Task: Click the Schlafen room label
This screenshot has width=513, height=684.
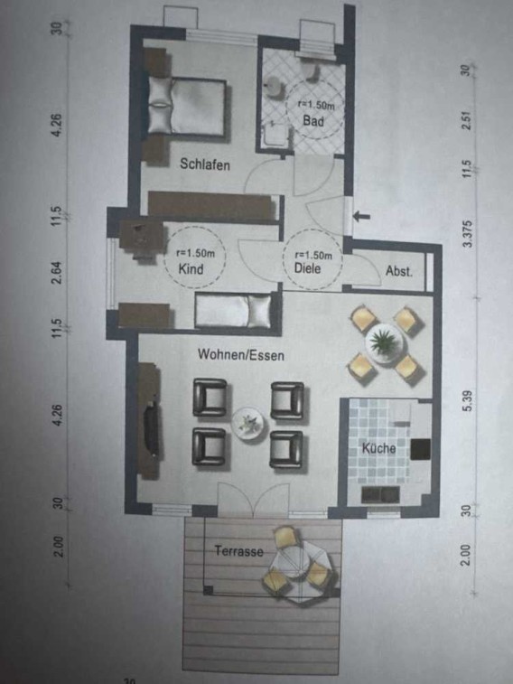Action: point(205,164)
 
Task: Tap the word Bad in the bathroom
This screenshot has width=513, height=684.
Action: point(313,120)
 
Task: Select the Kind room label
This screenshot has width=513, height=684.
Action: point(191,268)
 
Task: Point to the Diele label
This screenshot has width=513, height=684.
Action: point(308,267)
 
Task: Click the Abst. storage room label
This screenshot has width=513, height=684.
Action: point(399,271)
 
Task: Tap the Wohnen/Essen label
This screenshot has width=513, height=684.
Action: point(241,355)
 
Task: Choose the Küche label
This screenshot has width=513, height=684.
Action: point(378,448)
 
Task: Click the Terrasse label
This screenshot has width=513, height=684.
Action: point(239,551)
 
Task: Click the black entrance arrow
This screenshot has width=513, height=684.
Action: point(361,216)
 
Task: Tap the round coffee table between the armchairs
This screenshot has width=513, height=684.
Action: point(247,422)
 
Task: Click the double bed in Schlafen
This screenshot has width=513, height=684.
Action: point(188,106)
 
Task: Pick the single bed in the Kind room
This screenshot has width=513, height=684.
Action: point(233,310)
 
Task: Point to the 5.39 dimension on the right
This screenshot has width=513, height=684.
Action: point(468,401)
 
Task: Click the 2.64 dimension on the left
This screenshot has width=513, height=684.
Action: point(57,272)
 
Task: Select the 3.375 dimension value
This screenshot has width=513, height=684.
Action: point(468,234)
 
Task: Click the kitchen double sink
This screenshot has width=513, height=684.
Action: point(380,494)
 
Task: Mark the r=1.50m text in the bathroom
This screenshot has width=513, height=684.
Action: point(315,104)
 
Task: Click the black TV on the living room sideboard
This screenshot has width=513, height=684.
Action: point(151,428)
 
